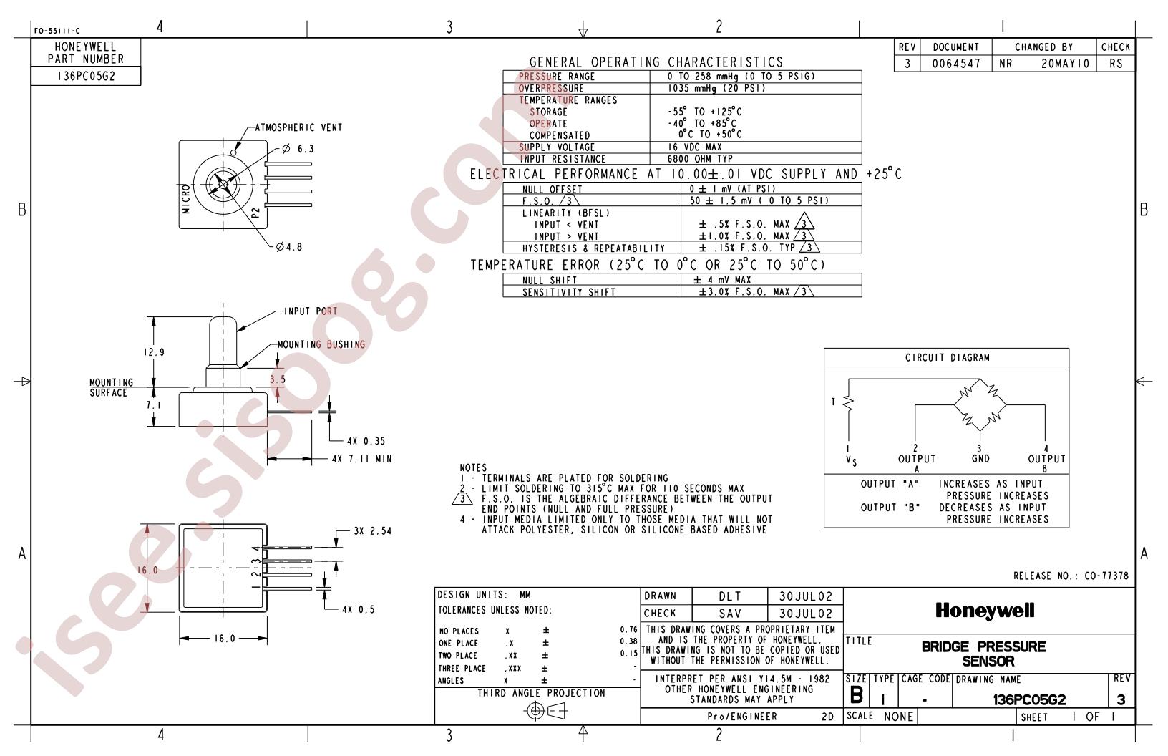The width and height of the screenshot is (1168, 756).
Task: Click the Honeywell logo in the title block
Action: [985, 611]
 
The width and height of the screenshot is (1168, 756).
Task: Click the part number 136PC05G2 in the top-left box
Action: [86, 76]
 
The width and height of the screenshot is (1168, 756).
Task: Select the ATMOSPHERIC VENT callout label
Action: [298, 127]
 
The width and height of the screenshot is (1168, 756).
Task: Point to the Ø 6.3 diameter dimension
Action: [298, 149]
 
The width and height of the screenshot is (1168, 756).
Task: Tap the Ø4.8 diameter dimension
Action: [289, 247]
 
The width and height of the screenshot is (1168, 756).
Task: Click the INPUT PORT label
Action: [311, 311]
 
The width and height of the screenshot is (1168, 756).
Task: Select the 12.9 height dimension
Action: [155, 352]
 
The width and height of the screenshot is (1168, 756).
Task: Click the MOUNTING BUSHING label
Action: [321, 344]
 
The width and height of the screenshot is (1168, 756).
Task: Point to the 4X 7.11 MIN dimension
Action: [362, 459]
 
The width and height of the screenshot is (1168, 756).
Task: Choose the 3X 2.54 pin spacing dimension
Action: [373, 531]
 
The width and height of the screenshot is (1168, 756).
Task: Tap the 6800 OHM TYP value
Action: [700, 159]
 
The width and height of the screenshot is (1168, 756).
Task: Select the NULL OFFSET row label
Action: [553, 190]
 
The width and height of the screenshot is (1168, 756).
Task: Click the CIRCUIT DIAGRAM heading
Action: [948, 357]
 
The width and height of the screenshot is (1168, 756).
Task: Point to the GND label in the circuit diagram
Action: [980, 459]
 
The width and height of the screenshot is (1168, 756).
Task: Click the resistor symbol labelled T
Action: [849, 402]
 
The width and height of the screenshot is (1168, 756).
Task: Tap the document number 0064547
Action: [956, 64]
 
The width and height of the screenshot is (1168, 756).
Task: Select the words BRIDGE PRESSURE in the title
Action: [983, 647]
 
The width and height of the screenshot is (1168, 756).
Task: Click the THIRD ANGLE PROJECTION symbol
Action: [546, 711]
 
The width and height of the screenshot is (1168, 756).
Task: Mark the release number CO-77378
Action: [1106, 576]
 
